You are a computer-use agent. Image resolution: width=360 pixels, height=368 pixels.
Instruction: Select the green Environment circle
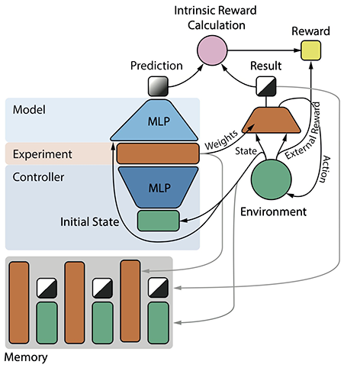pyautogui.click(x=272, y=180)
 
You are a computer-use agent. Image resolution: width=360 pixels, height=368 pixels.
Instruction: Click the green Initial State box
pyautogui.click(x=158, y=221)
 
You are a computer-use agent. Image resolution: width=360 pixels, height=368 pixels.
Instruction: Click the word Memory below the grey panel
pyautogui.click(x=25, y=357)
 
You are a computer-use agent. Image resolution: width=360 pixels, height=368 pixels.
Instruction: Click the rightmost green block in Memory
pyautogui.click(x=159, y=324)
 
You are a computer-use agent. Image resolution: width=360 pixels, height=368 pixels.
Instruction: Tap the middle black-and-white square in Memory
pyautogui.click(x=103, y=289)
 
